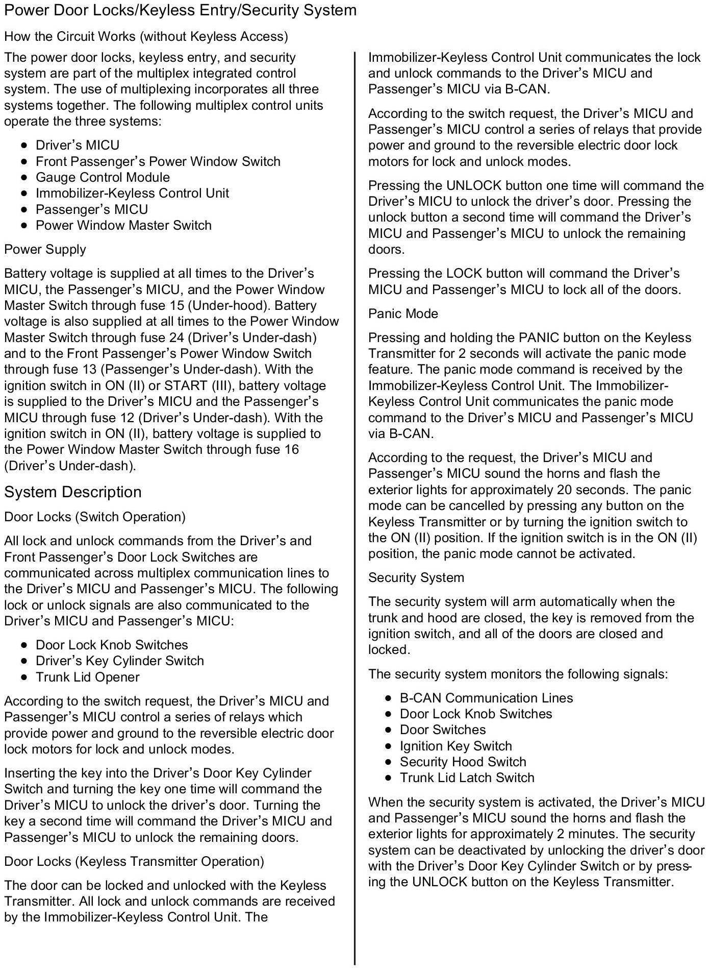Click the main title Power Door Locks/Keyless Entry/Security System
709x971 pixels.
[x=180, y=10]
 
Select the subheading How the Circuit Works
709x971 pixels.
[x=146, y=36]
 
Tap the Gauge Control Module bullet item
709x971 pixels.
[x=103, y=177]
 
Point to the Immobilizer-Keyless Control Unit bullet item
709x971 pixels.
[x=132, y=193]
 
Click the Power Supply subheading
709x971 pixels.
[x=45, y=249]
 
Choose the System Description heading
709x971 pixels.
[x=73, y=492]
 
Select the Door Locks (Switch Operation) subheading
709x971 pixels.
[x=95, y=517]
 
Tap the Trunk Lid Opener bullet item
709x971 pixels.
[x=87, y=677]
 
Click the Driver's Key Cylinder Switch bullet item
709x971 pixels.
[x=119, y=661]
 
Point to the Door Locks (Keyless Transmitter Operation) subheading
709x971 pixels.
[x=134, y=861]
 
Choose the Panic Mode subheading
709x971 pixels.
[x=403, y=313]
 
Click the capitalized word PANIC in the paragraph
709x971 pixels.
[x=541, y=337]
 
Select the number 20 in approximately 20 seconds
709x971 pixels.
[x=562, y=490]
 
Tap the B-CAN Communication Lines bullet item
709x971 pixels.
[x=486, y=698]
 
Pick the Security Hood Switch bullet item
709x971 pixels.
[x=463, y=762]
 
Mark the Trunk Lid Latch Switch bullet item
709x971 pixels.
[x=467, y=778]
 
